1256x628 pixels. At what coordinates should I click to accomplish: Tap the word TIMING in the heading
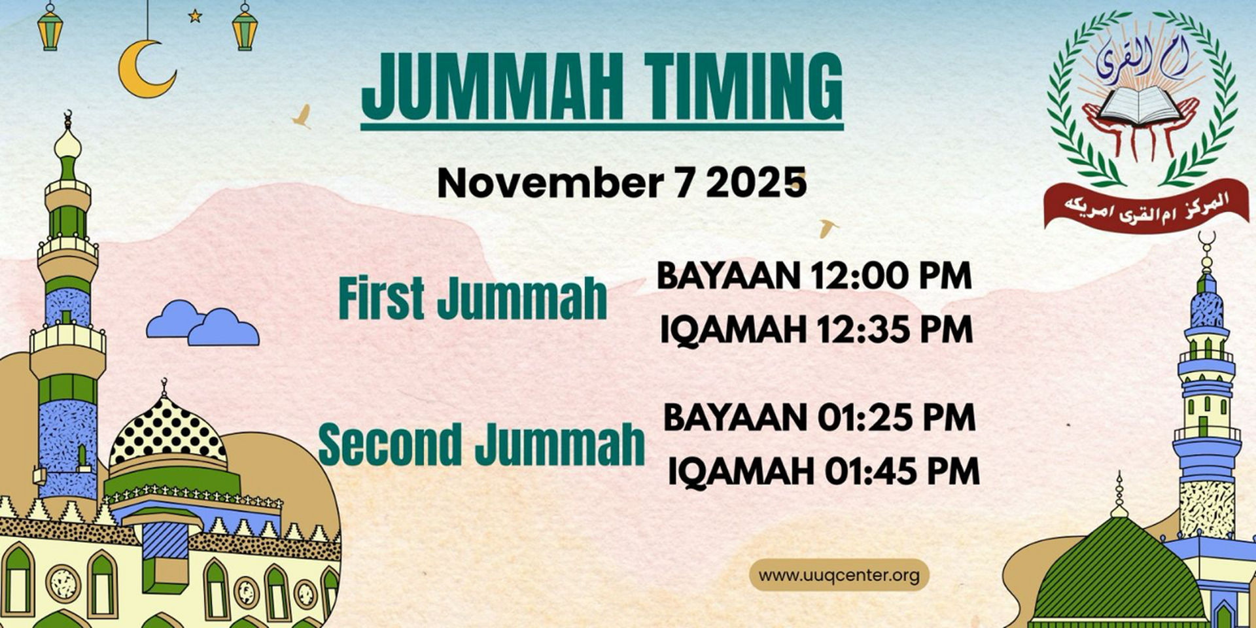[743, 86]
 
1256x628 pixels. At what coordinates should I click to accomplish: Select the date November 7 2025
[621, 183]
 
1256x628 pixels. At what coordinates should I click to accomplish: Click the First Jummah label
[472, 299]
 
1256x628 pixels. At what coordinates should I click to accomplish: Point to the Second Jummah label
[481, 444]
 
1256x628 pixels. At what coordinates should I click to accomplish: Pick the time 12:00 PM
[891, 275]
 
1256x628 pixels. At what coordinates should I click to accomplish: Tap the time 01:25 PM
[897, 418]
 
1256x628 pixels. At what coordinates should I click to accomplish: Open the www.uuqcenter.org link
[839, 576]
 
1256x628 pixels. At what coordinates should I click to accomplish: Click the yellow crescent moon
[145, 71]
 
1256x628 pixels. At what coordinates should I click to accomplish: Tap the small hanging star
[195, 16]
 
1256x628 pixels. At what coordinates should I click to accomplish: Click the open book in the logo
[1140, 106]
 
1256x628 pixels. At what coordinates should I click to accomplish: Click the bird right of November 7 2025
[828, 227]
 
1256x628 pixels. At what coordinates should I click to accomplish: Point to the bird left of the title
[302, 116]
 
